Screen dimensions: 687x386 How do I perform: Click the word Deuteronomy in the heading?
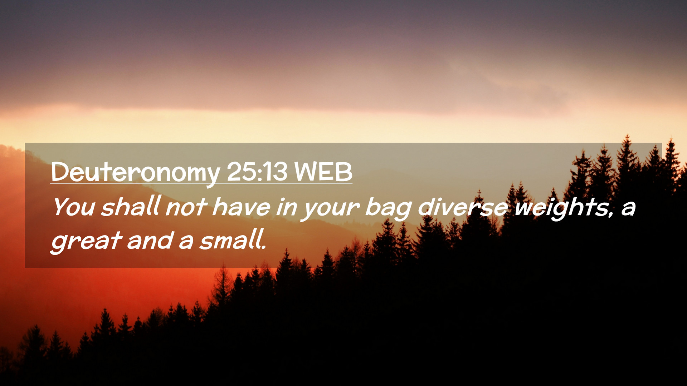(135, 173)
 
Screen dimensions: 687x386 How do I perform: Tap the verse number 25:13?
(257, 172)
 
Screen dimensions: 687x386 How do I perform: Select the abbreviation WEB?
(323, 172)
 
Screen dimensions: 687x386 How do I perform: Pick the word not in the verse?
(186, 207)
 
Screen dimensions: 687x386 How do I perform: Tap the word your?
(330, 209)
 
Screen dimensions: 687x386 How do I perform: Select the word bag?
(388, 208)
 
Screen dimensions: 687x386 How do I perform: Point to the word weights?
(560, 208)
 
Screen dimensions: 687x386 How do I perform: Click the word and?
(150, 241)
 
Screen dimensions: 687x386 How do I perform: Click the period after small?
(264, 248)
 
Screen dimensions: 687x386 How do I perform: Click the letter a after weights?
(628, 209)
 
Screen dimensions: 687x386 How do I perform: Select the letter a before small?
(186, 243)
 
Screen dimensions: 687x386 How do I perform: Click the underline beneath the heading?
(201, 184)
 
